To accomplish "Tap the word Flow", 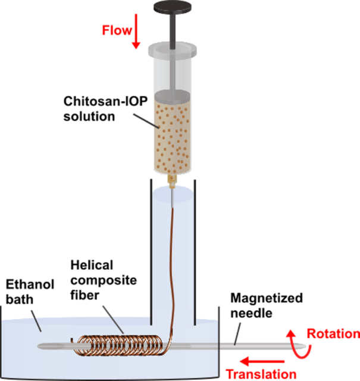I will pos(115,29).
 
